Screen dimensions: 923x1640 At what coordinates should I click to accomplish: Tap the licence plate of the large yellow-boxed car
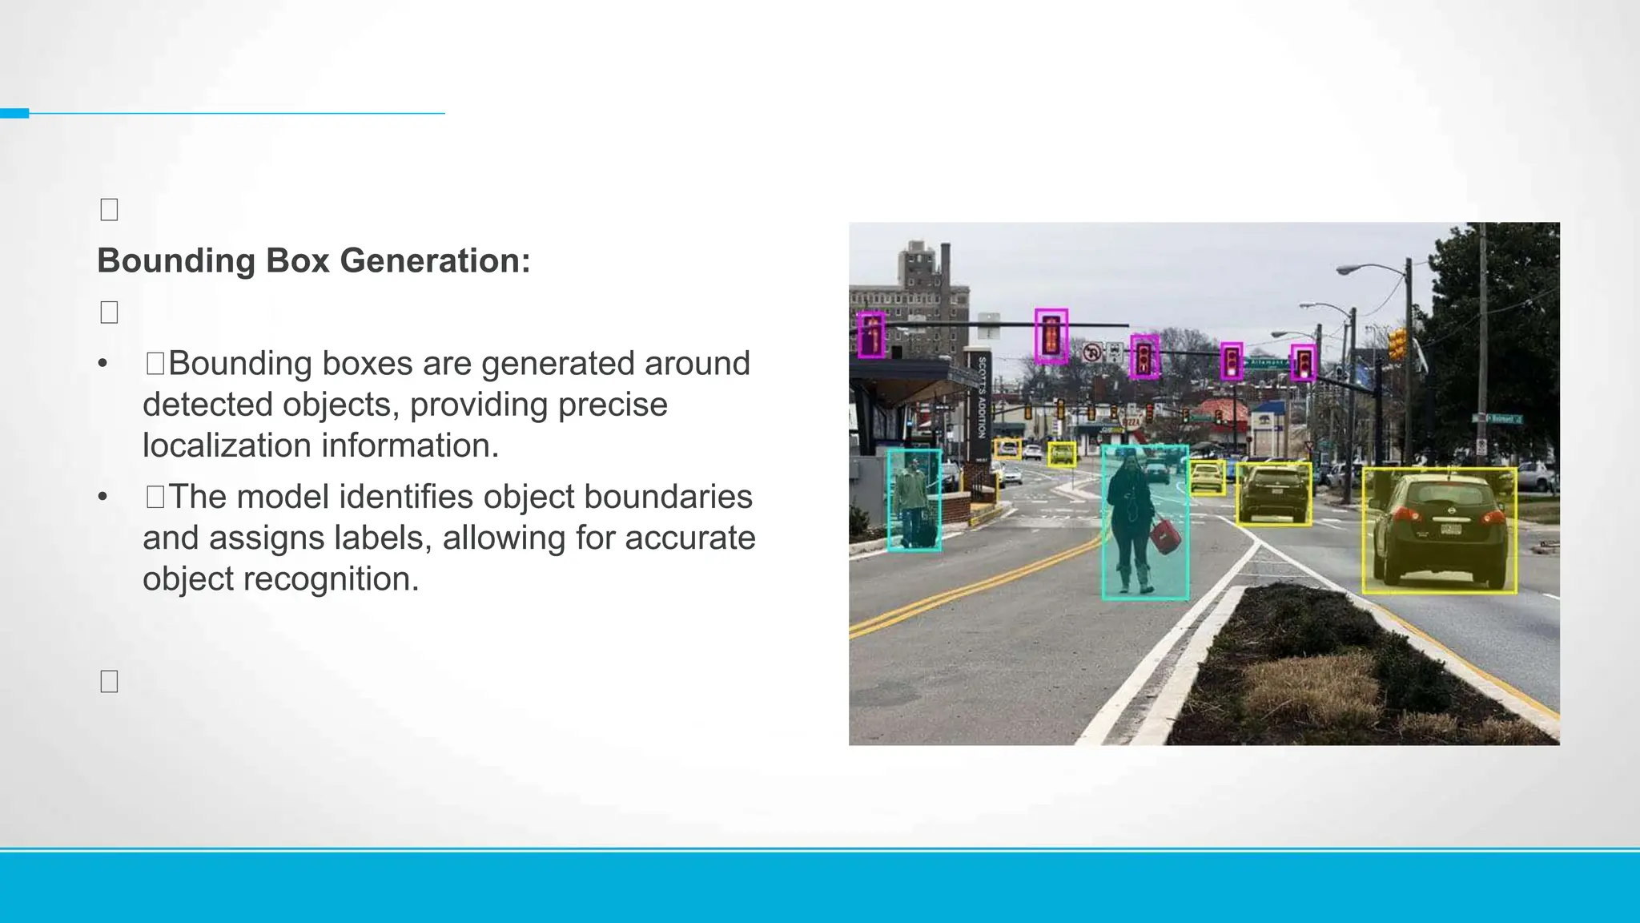(x=1450, y=529)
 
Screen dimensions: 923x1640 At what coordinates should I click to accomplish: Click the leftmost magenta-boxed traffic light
(x=871, y=335)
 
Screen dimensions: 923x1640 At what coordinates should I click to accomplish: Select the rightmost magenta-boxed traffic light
(x=1304, y=363)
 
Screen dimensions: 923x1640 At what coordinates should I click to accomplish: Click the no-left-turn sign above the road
(x=1092, y=353)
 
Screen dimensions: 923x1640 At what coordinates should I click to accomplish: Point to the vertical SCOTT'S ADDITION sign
(x=982, y=397)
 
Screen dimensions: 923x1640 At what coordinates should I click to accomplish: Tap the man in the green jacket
(x=911, y=497)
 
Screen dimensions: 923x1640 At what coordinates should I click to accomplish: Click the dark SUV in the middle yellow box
(x=1273, y=493)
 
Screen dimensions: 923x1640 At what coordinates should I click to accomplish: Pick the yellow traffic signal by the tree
(x=1397, y=343)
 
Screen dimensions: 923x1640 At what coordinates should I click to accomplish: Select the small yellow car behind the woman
(x=1208, y=478)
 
